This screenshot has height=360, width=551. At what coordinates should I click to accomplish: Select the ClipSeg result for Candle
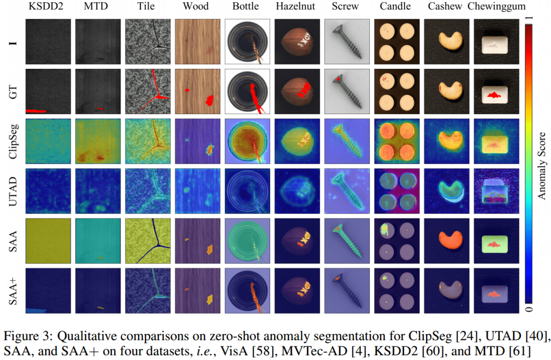(395, 141)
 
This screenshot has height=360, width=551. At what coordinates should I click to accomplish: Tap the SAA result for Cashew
(445, 240)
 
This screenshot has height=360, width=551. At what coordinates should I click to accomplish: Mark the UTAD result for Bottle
(246, 190)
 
